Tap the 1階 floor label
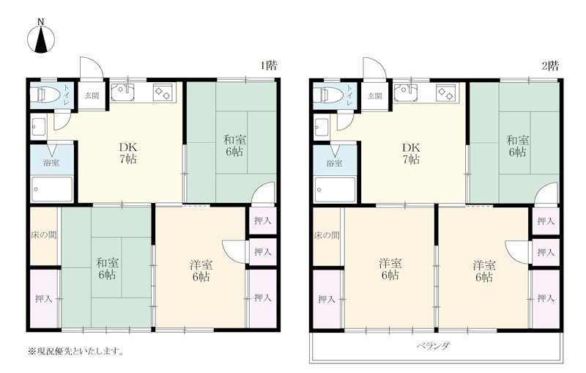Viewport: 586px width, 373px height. [x=269, y=66]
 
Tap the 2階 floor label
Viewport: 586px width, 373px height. [x=551, y=66]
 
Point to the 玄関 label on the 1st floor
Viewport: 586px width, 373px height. [x=92, y=96]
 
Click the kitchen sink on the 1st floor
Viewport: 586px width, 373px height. [x=123, y=92]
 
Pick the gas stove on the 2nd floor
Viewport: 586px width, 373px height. [x=446, y=92]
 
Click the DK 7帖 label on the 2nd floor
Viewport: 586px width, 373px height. [x=411, y=154]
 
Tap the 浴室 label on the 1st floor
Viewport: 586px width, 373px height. [x=51, y=163]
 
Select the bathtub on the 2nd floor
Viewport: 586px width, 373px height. [x=335, y=190]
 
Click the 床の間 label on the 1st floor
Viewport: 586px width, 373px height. [x=44, y=235]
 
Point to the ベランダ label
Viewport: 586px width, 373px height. [x=433, y=346]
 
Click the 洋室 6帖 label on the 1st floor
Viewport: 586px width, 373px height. [x=201, y=270]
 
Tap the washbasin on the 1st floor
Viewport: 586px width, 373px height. [x=39, y=127]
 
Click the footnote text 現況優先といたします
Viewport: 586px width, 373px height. [x=76, y=351]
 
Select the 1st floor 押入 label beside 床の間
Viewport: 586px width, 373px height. [x=43, y=299]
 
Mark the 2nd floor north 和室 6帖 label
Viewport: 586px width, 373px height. [x=518, y=146]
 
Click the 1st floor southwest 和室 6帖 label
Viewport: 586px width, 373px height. [x=108, y=269]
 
